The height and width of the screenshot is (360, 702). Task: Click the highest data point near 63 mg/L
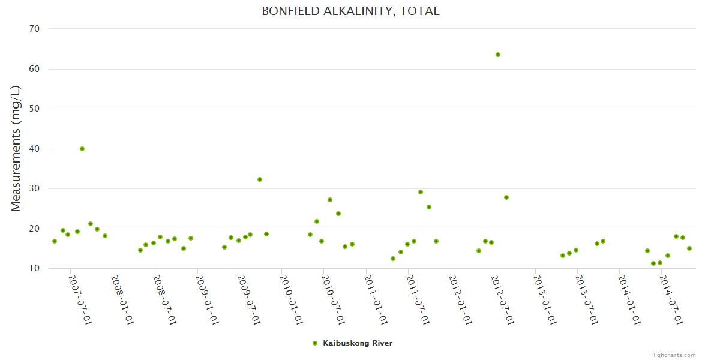coord(498,55)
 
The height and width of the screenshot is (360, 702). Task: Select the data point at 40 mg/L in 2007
coord(82,149)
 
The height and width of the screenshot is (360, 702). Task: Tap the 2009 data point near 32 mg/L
coord(260,179)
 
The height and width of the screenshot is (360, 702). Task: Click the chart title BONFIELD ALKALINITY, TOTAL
coord(350,11)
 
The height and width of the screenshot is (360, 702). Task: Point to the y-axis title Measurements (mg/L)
coord(16,148)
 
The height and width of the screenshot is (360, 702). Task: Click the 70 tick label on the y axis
coord(34,29)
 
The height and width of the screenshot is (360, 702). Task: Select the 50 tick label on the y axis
coord(34,109)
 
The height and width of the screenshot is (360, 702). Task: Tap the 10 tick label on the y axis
coord(34,268)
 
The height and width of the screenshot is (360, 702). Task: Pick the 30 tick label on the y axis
coord(34,188)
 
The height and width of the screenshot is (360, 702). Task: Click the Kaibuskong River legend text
coord(358,343)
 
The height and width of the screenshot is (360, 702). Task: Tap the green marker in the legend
coord(315,343)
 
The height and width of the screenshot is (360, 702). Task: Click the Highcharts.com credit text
coord(673,355)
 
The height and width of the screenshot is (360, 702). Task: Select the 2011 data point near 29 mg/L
coord(421,192)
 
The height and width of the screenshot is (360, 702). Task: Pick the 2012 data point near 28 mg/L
coord(506,197)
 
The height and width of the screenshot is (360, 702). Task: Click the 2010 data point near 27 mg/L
coord(330,200)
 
